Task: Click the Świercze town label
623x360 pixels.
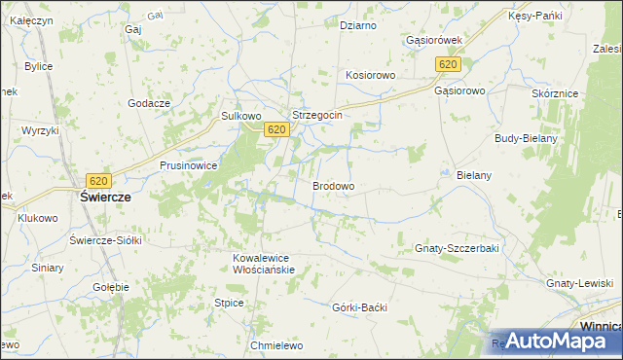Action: [x=105, y=196]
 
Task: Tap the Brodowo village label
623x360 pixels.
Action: [x=333, y=185]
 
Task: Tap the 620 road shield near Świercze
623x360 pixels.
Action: [x=98, y=180]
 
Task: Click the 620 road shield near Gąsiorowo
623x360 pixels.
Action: [x=448, y=64]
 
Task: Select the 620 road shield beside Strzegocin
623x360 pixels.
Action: [x=276, y=129]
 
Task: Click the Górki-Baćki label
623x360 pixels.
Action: [x=360, y=307]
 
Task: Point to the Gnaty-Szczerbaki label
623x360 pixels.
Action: [x=457, y=248]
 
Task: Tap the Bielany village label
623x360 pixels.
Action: [x=474, y=175]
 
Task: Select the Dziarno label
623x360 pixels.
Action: [x=357, y=25]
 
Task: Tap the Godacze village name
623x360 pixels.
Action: [x=149, y=103]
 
